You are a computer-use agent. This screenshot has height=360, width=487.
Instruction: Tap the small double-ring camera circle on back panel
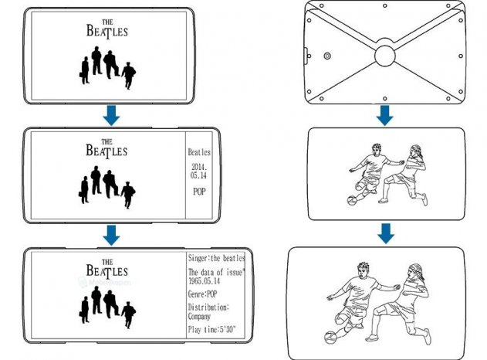(x=327, y=56)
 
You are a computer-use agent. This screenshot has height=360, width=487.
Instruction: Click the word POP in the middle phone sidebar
(x=199, y=192)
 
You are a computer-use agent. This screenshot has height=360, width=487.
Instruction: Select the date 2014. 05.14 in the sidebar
(x=199, y=171)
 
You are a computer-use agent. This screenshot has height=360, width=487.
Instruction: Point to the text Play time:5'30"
(x=211, y=330)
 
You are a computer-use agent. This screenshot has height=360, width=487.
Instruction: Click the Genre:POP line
(x=202, y=294)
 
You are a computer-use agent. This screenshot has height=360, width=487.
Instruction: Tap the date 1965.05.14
(x=204, y=281)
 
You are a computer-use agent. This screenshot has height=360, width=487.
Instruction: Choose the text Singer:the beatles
(x=216, y=258)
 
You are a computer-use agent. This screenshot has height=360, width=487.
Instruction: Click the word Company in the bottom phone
(x=199, y=317)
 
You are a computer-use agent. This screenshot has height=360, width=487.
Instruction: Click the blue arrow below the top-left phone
(x=111, y=115)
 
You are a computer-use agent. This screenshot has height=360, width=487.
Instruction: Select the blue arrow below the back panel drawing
(x=385, y=115)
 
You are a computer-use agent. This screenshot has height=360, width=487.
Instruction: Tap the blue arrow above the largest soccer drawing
(x=386, y=233)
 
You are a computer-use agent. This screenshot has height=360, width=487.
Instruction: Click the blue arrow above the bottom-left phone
(x=111, y=236)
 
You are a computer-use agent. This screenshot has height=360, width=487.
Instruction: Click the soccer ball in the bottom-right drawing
(x=330, y=338)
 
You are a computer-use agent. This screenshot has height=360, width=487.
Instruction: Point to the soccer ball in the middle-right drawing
(x=352, y=200)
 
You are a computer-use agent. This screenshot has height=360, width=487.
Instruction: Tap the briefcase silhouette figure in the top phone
(x=84, y=70)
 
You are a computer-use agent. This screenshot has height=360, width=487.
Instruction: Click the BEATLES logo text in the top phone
(x=107, y=29)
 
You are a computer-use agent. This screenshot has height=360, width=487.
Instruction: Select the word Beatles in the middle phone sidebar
(x=199, y=152)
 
